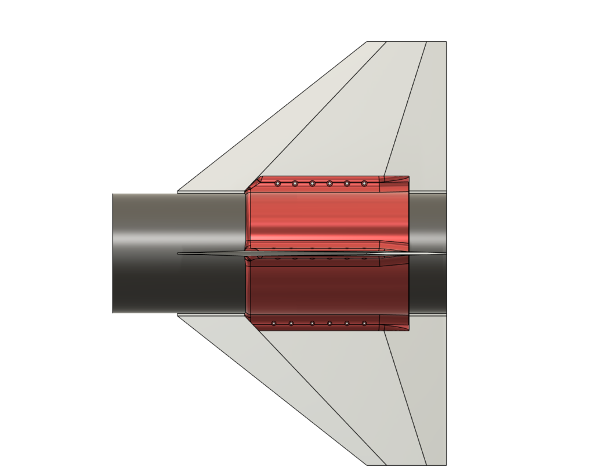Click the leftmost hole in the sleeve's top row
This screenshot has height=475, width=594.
coord(278,184)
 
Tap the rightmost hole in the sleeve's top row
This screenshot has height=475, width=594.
coord(364,184)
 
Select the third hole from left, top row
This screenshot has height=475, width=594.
coord(312,184)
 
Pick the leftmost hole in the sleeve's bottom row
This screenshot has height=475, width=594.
coord(274,323)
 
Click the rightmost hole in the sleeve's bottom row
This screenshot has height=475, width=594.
coord(364,323)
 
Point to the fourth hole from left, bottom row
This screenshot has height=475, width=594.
coord(329,323)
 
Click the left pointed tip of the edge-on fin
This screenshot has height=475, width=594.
coord(179,253)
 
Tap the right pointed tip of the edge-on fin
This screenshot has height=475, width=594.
coord(444,253)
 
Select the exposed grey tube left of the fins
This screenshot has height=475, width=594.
coord(145,253)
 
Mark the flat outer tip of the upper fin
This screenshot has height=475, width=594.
coord(406,42)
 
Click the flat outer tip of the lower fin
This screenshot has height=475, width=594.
coord(406,464)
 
